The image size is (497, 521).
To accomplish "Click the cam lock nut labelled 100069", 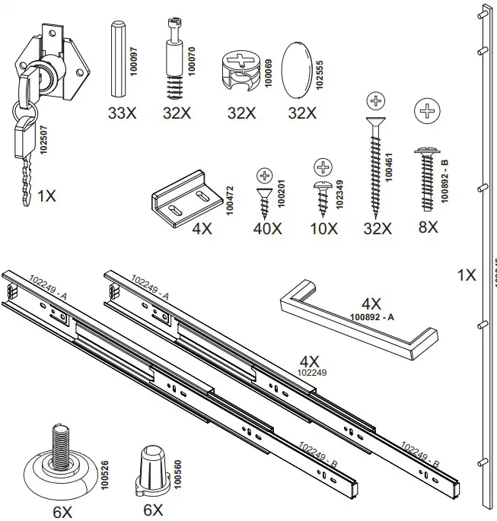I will pyautogui.click(x=241, y=69).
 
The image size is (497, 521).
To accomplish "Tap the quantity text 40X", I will pyautogui.click(x=266, y=228).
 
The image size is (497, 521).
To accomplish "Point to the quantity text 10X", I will pyautogui.click(x=323, y=228).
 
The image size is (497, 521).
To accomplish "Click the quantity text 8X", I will pyautogui.click(x=428, y=227).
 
